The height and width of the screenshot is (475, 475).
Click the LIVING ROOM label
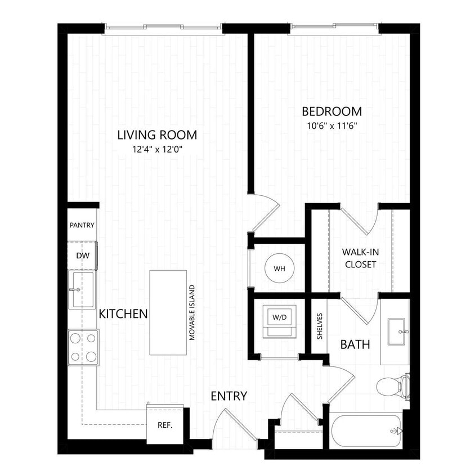pos(157,135)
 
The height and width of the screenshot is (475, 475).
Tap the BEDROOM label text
pos(331,111)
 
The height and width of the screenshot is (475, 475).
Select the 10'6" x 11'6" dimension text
pos(331,125)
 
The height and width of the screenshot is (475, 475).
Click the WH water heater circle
pos(280,268)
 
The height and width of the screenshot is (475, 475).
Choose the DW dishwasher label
pos(83,256)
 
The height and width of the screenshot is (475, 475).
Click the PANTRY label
pos(82,225)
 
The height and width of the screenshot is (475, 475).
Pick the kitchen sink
pos(83,289)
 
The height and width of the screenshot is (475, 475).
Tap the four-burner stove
pos(83,347)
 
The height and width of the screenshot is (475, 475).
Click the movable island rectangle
pos(168,312)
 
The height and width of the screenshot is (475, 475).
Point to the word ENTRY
pos(228,396)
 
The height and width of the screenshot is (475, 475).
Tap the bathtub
pos(366,432)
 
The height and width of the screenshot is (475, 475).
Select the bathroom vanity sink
pos(396,332)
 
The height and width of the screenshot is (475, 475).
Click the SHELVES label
pos(319,326)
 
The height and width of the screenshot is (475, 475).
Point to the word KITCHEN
pos(123,314)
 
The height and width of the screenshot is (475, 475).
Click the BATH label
pos(355,344)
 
